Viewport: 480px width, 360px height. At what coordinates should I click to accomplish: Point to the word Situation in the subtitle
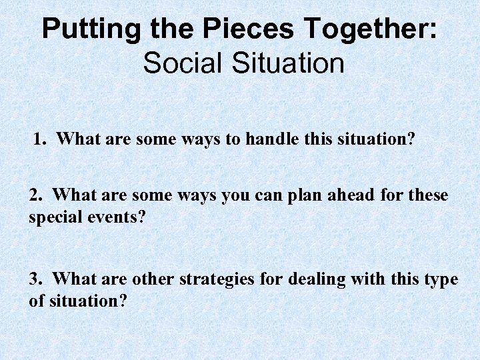287,63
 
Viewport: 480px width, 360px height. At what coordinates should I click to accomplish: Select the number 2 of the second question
35,195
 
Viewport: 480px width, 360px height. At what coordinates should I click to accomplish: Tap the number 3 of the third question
35,279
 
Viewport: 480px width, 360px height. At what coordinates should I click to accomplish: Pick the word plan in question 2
306,195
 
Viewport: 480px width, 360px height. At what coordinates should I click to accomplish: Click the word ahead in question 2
354,195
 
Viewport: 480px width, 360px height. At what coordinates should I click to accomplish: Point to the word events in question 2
112,217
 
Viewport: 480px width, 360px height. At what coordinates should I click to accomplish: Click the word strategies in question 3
217,279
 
